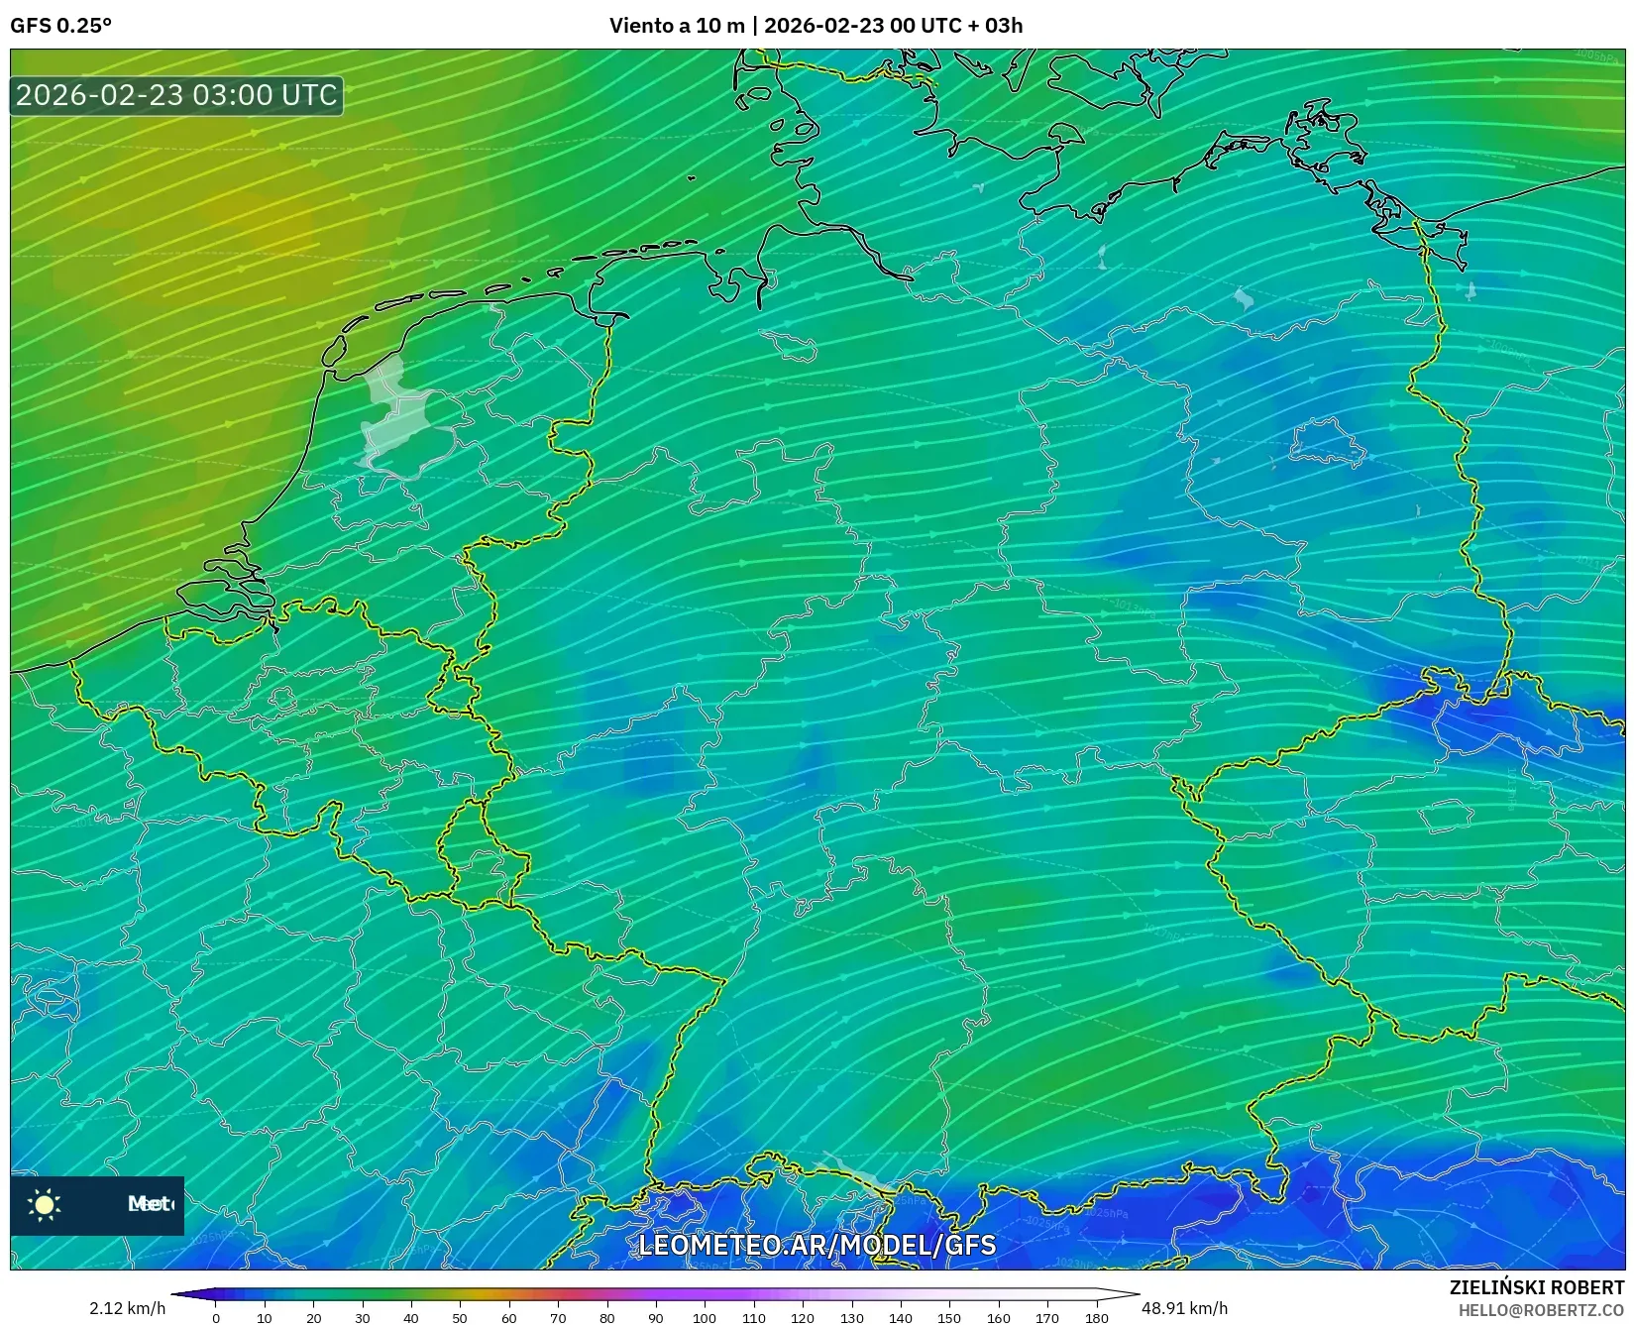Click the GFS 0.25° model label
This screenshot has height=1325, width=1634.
[61, 26]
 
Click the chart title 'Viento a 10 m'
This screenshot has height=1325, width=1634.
[676, 26]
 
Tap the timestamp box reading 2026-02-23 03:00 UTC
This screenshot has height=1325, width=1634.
[176, 95]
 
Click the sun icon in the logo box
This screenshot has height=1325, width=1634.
[45, 1204]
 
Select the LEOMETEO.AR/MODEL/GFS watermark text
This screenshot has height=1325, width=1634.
[817, 1245]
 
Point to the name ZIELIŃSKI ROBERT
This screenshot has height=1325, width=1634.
[1537, 1288]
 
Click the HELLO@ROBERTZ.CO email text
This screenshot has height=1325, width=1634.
[1541, 1310]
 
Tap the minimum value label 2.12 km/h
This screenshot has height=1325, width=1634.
[128, 1308]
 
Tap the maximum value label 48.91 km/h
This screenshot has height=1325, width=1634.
[1184, 1308]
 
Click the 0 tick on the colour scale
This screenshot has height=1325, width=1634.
[216, 1318]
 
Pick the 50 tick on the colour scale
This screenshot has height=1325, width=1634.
[460, 1318]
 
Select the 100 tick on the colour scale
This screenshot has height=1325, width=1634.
[705, 1318]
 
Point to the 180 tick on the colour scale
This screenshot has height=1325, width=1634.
[1096, 1318]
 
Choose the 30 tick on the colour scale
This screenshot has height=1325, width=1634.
[363, 1318]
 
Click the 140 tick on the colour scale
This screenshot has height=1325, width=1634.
[900, 1318]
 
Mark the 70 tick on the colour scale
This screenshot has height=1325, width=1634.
[558, 1318]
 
